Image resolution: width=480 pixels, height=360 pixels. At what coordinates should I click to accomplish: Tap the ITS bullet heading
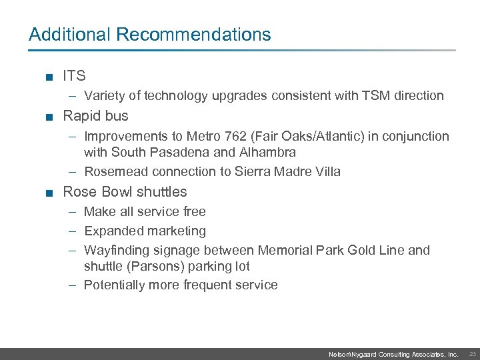point(74,76)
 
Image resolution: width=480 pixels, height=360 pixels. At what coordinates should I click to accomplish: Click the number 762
point(245,137)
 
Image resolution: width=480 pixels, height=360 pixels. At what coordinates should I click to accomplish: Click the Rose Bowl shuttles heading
point(125,192)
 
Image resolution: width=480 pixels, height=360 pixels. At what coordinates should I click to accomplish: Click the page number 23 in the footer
point(472,354)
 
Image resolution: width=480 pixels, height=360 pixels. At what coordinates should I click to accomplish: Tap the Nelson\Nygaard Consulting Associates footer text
point(393,355)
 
